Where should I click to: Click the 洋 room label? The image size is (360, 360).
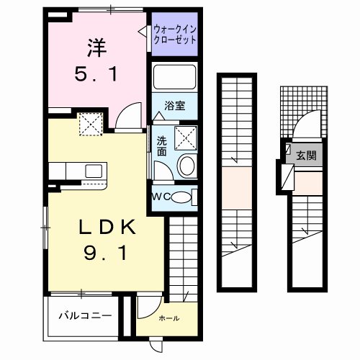[x=96, y=49]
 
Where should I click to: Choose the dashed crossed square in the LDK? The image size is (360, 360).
[x=91, y=125]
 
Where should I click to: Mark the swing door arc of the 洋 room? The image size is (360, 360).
[x=128, y=115]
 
